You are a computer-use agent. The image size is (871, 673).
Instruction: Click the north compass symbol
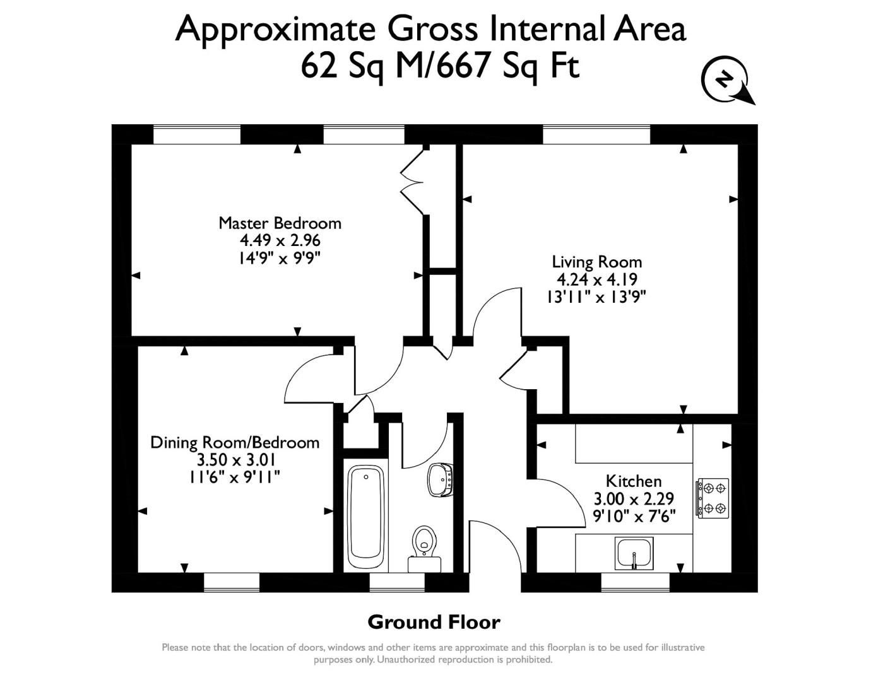[726, 81]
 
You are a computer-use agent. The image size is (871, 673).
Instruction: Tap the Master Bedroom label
[280, 223]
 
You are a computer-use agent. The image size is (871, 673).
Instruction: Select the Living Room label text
[596, 262]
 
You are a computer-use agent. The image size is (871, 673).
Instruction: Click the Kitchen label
[634, 481]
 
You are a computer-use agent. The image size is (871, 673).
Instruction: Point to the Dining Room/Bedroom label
[235, 443]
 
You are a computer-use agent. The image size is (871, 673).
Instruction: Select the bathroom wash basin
[440, 479]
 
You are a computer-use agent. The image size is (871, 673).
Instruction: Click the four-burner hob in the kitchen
[713, 498]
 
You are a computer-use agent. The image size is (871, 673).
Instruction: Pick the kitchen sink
[634, 553]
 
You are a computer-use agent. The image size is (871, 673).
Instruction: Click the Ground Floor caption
[434, 623]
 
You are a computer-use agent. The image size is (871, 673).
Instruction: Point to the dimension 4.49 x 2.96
[280, 240]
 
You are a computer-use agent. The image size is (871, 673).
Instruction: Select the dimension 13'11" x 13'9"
[596, 296]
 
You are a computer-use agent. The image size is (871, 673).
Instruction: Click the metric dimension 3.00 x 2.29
[634, 499]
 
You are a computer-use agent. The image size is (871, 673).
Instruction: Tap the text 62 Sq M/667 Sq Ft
[440, 66]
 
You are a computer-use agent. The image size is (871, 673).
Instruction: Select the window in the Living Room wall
[596, 134]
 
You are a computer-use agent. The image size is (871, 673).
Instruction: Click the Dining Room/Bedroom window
[231, 582]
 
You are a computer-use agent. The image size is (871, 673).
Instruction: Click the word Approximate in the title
[276, 28]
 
